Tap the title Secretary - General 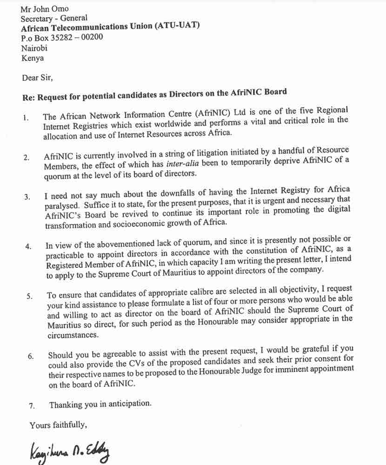pos(54,18)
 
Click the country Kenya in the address pos(33,58)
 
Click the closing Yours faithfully pos(59,425)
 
